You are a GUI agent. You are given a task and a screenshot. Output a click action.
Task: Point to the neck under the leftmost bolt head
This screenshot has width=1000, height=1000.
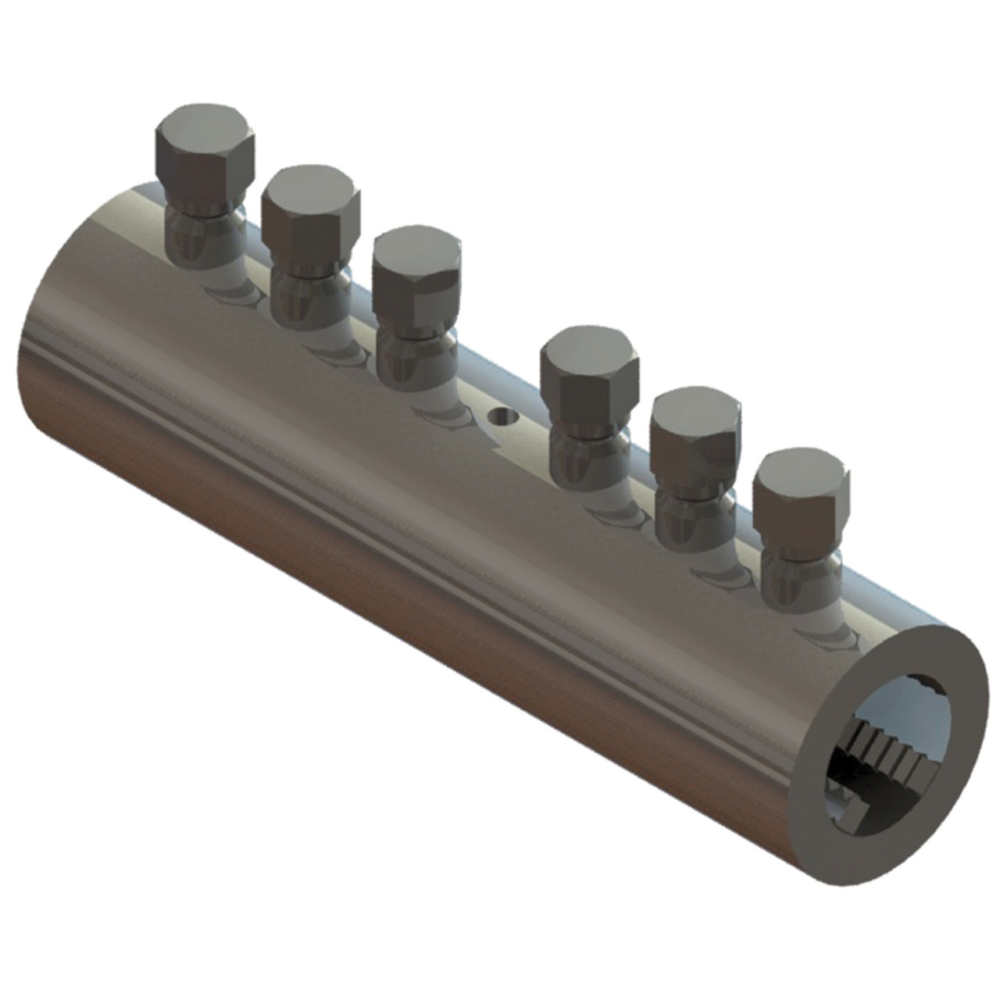(x=205, y=234)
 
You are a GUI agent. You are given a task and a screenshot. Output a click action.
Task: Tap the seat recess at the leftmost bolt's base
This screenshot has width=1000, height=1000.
(x=230, y=293)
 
